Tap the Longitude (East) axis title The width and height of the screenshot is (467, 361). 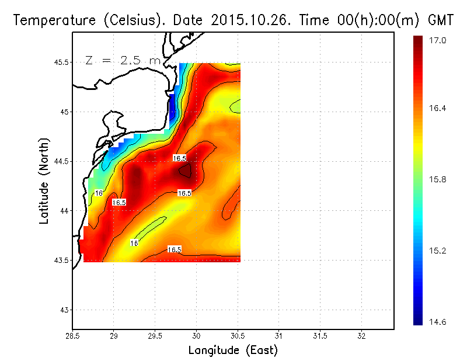click(233, 350)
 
